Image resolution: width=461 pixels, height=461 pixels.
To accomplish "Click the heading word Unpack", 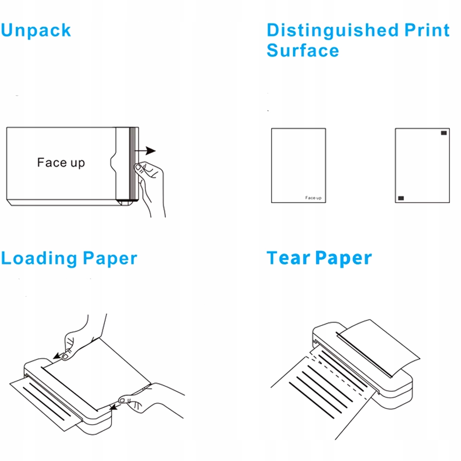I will pyautogui.click(x=36, y=31).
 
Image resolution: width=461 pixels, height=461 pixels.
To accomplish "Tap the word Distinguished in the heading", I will pyautogui.click(x=333, y=31).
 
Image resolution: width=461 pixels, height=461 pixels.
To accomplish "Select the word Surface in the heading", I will pyautogui.click(x=303, y=51).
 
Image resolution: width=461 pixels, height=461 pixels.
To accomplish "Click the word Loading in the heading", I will pyautogui.click(x=39, y=258).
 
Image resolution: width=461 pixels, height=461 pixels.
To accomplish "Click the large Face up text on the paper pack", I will pyautogui.click(x=61, y=163).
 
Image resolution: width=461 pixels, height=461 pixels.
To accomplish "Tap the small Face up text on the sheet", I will pyautogui.click(x=313, y=198).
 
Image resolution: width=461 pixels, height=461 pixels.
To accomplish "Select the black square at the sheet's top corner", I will pyautogui.click(x=444, y=133).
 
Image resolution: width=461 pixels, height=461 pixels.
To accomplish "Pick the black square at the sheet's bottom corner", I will pyautogui.click(x=401, y=198).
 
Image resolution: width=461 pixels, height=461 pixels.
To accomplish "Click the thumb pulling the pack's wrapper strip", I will pyautogui.click(x=139, y=168).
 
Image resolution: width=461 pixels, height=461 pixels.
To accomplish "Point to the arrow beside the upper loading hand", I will pyautogui.click(x=57, y=356).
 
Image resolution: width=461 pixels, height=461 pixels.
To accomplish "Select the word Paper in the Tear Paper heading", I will pyautogui.click(x=343, y=258).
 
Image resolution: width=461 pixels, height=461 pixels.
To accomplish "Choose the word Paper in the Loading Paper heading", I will pyautogui.click(x=110, y=258).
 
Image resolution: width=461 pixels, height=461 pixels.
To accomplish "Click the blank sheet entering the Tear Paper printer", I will pyautogui.click(x=379, y=346).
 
